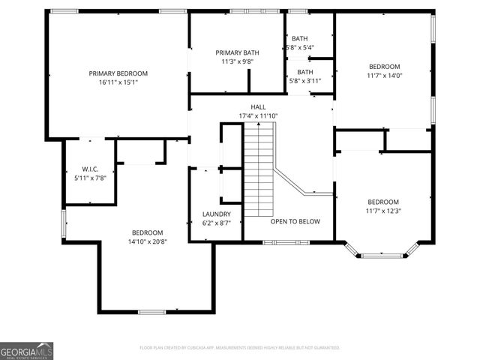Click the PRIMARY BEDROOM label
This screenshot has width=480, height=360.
(118, 73)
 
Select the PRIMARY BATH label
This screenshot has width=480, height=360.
(237, 52)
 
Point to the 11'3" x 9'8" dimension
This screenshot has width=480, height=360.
(237, 61)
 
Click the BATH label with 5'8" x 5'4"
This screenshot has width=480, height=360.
(300, 39)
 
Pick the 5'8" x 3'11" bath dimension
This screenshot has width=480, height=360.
(300, 81)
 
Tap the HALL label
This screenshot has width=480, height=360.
(258, 107)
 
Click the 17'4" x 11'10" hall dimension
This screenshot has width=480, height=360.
(258, 116)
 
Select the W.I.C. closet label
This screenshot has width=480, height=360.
(90, 169)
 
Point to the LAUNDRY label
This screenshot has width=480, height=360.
(217, 214)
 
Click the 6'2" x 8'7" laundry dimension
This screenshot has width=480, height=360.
(217, 223)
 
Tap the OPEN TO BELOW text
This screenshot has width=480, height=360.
(295, 221)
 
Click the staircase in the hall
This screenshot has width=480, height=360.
(259, 169)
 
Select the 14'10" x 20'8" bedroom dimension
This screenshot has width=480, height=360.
(148, 241)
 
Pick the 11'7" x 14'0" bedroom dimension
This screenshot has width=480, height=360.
(383, 76)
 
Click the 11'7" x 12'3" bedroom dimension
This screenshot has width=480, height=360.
(383, 211)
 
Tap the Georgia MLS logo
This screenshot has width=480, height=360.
(26, 350)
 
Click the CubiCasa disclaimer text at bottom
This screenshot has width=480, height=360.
(240, 348)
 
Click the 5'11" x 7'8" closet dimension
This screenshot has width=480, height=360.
(90, 178)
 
